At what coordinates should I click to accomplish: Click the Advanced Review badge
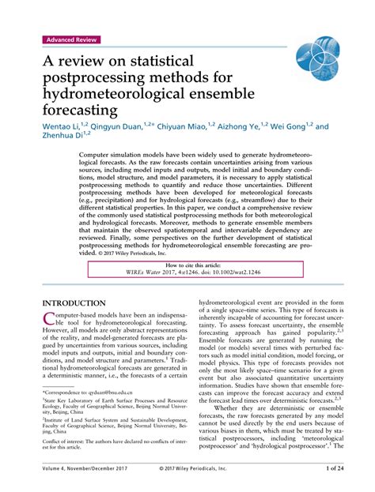(72, 39)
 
